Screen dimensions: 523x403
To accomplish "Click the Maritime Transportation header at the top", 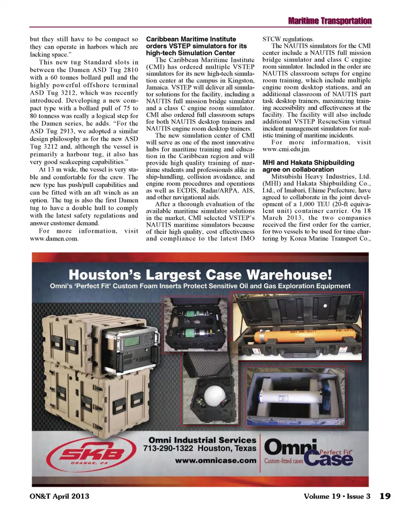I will point(330,21).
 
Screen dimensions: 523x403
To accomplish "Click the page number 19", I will point(385,496).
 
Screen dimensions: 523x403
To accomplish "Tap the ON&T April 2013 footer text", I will point(59,496).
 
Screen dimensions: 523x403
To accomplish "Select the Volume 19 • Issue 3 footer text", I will point(337,496).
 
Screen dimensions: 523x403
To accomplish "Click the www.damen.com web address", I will point(54,239).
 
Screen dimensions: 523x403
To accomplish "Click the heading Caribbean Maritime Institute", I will point(191,39).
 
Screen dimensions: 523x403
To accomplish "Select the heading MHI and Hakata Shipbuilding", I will point(308,163).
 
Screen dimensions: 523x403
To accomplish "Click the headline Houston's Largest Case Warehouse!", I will point(200,275).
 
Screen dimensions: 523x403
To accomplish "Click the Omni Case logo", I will point(309,453).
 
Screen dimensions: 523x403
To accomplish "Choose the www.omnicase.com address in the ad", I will point(215,460).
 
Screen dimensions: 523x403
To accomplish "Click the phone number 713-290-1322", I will point(168,449).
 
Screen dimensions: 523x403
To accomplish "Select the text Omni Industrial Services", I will point(202,440).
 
